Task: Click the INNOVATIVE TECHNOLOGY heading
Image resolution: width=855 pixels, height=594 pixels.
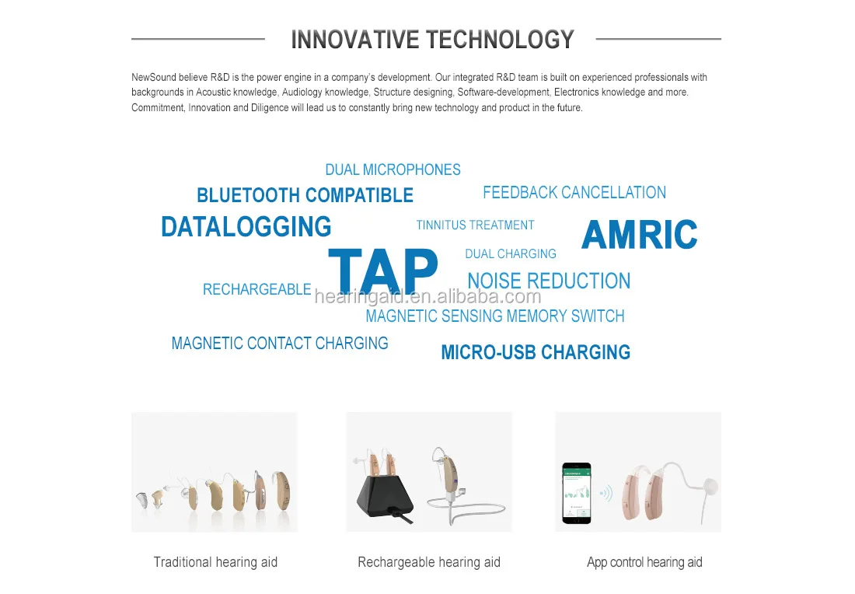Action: (x=432, y=40)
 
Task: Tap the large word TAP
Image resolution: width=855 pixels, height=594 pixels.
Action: (x=383, y=271)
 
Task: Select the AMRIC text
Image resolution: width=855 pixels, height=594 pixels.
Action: (x=639, y=235)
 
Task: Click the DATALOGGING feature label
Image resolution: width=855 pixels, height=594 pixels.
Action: (x=246, y=227)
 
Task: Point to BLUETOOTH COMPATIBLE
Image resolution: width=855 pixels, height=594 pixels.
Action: (x=305, y=195)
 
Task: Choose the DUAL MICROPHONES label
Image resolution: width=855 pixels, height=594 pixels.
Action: (x=393, y=169)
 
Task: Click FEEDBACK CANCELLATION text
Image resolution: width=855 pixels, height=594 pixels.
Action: (x=574, y=193)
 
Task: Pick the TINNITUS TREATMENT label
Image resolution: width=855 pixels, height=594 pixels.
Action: (x=475, y=225)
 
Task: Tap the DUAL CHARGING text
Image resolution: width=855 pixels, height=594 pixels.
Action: (x=510, y=254)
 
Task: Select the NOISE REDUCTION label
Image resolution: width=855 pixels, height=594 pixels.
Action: (x=549, y=281)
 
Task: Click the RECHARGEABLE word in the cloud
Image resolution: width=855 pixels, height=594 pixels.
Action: (x=256, y=289)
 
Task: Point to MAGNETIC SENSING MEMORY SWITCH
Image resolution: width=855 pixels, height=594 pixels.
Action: (x=494, y=316)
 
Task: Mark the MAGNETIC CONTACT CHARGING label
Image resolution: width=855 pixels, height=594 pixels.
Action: (x=280, y=344)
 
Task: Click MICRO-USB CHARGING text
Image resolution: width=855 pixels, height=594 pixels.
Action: (x=536, y=352)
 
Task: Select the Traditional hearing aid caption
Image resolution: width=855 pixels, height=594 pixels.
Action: (x=215, y=562)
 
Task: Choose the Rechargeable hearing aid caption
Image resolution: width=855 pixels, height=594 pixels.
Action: (x=428, y=562)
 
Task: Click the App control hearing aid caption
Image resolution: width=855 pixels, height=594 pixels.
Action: (x=644, y=562)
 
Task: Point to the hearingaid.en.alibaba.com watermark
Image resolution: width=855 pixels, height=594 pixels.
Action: (x=427, y=297)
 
